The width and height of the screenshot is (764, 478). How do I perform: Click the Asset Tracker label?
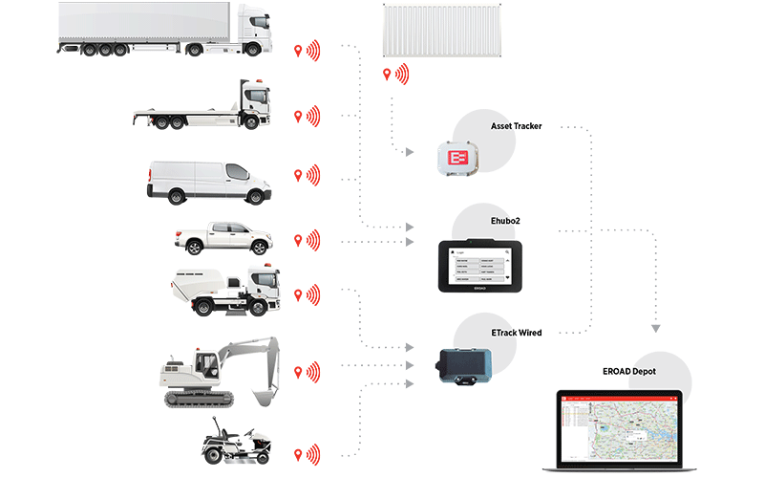tap(516, 126)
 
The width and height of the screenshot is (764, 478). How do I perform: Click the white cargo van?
tap(202, 180)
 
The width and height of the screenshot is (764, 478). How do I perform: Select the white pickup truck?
tap(217, 239)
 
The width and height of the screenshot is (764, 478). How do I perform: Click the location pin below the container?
tap(387, 75)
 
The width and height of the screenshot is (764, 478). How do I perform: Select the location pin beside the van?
tap(300, 175)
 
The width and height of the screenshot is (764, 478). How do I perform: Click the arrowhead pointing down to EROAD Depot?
tap(656, 329)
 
